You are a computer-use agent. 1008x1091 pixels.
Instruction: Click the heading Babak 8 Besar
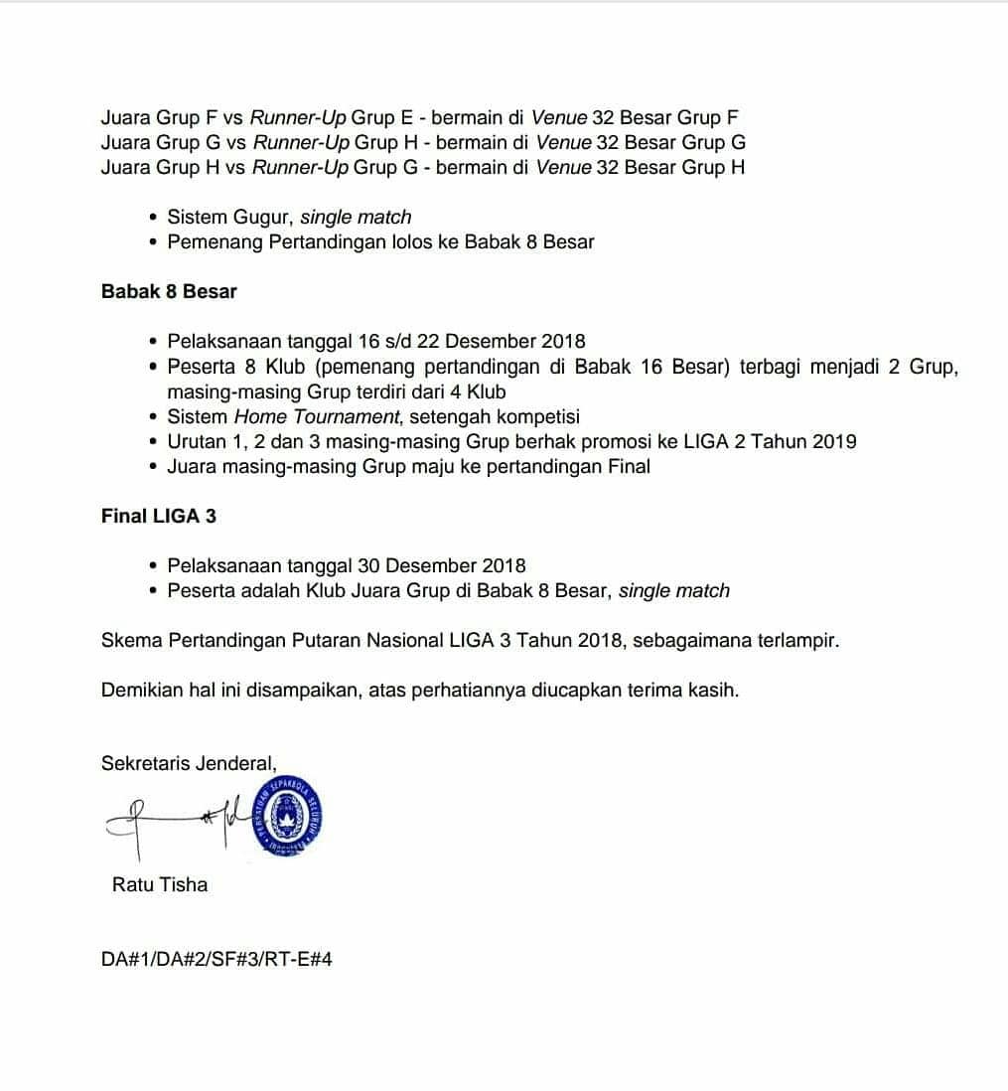[x=169, y=291]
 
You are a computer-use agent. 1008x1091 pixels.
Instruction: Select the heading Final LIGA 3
[x=159, y=516]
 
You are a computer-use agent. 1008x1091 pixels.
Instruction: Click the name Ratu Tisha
[x=160, y=884]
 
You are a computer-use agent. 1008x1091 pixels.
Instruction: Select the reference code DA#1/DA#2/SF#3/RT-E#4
[x=216, y=961]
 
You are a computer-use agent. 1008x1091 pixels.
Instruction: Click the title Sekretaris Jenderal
[x=189, y=763]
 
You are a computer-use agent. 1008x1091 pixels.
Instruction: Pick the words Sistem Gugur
[x=228, y=217]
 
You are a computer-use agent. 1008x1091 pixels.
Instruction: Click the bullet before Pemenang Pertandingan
[x=152, y=241]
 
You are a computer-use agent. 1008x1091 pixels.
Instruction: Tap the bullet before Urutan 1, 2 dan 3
[x=152, y=441]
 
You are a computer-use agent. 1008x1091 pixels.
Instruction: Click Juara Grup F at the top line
[x=153, y=117]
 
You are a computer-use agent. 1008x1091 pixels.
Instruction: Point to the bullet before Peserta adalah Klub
[x=152, y=590]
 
